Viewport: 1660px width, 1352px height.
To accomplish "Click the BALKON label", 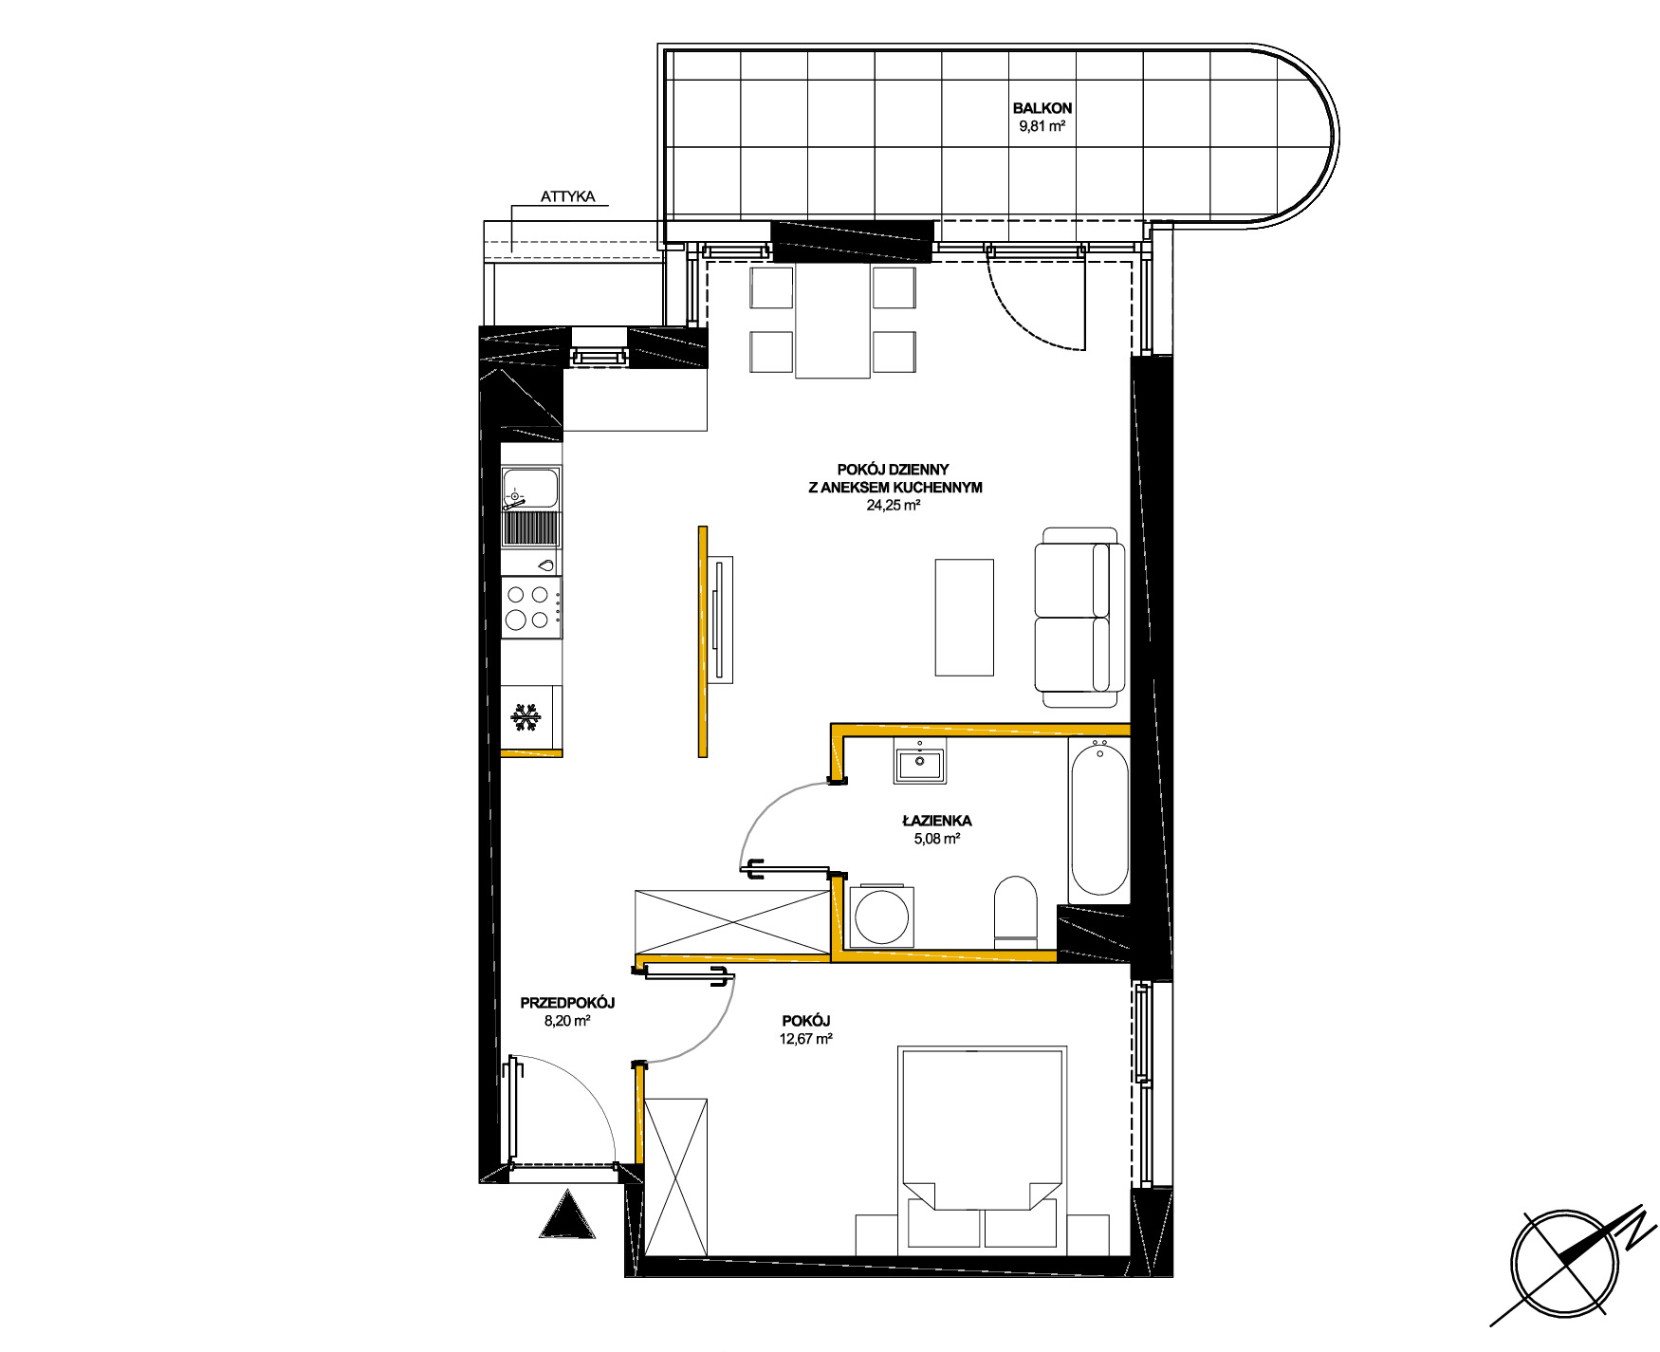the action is [x=1042, y=108].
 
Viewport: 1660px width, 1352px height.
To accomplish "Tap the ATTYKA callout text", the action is [x=567, y=197].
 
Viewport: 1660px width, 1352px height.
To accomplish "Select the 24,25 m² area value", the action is [x=894, y=506].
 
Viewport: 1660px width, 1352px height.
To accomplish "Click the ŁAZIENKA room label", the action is [x=937, y=821].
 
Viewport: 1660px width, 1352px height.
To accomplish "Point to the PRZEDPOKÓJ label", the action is [x=567, y=1003].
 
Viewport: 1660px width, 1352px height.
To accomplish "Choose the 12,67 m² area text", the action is [x=806, y=1039].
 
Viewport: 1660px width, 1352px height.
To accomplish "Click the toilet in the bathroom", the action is [x=1015, y=911].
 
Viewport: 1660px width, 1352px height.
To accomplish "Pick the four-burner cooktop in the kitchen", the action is [x=530, y=607].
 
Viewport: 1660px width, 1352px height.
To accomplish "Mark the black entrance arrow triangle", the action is [x=568, y=1215].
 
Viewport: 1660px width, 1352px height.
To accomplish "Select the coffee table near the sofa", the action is [x=965, y=617].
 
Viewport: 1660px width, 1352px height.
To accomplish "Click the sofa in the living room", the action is [x=1079, y=618].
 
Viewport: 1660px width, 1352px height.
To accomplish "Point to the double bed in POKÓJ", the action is [x=982, y=1147].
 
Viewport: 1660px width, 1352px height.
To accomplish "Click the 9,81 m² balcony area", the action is [x=1042, y=126].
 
